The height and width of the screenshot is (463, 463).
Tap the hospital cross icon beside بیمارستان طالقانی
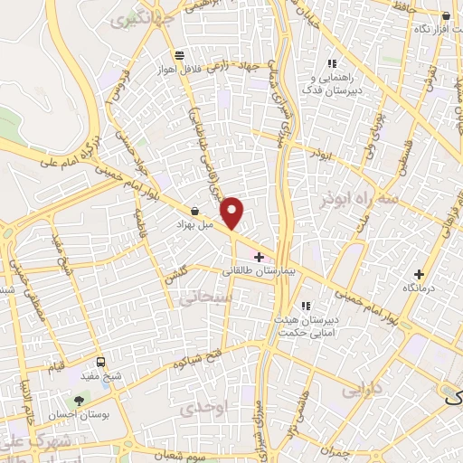pyautogui.click(x=260, y=257)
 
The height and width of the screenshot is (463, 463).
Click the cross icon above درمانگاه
pyautogui.click(x=418, y=273)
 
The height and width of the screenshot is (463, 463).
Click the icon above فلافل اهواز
pyautogui.click(x=181, y=54)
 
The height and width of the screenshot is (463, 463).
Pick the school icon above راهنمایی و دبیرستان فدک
pyautogui.click(x=332, y=63)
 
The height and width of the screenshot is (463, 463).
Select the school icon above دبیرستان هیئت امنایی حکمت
pyautogui.click(x=306, y=305)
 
